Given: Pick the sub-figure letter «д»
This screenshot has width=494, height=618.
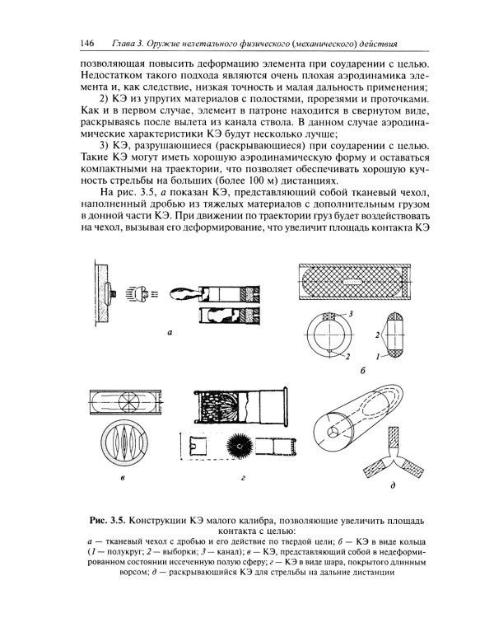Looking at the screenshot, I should (392, 485).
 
